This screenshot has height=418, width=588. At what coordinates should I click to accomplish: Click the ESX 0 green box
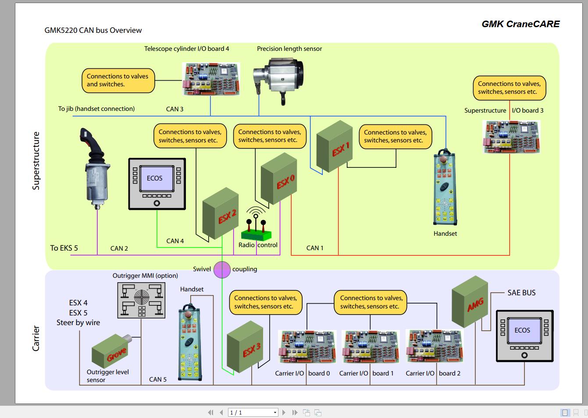click(x=279, y=179)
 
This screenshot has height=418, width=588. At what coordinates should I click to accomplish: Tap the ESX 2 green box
click(x=220, y=214)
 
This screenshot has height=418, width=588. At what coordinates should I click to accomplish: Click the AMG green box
click(x=470, y=301)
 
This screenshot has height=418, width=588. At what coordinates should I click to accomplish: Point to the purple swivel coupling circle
click(x=222, y=269)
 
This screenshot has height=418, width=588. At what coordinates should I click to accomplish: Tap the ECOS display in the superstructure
click(x=157, y=184)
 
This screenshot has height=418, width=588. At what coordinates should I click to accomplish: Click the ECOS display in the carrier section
click(x=524, y=336)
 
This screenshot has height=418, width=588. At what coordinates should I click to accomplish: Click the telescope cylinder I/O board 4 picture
click(x=211, y=79)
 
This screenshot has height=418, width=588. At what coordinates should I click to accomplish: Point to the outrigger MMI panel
click(x=142, y=300)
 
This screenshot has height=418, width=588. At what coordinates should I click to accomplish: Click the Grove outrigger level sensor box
click(x=110, y=351)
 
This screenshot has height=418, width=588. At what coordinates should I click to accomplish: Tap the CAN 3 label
click(x=175, y=109)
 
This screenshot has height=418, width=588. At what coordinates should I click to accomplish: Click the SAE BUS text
click(x=521, y=293)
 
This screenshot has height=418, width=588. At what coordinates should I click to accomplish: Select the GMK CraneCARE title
click(x=520, y=24)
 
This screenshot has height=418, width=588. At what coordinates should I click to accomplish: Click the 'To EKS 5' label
click(x=64, y=248)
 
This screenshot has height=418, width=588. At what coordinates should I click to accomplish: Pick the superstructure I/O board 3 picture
click(x=511, y=136)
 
